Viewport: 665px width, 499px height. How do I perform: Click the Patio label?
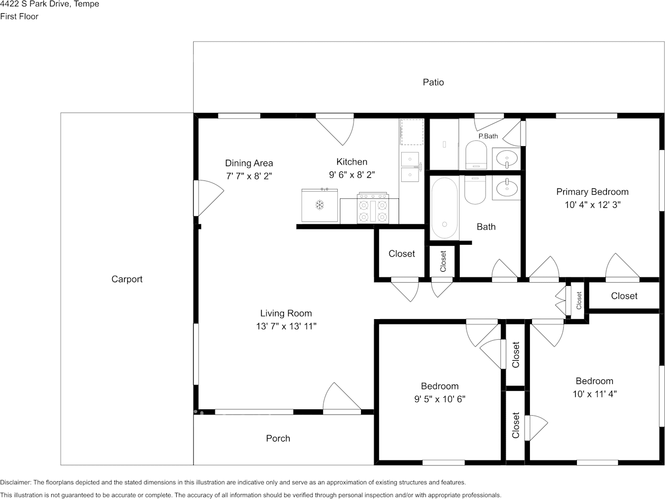point(433,82)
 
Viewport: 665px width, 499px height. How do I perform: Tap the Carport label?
point(127,279)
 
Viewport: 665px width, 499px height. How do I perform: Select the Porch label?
point(278,438)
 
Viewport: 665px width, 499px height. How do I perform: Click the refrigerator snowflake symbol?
point(320,205)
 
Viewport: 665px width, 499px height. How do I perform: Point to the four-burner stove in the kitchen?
point(373,208)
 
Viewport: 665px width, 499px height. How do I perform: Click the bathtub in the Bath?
point(444,208)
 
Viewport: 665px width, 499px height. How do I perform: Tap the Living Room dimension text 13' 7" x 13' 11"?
point(286,327)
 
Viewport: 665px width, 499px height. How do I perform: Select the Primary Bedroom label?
point(592,191)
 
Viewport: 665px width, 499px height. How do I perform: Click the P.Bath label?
point(488,136)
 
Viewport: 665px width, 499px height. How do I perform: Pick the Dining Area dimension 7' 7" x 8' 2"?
point(249,176)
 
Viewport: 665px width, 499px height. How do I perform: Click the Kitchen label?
point(351,162)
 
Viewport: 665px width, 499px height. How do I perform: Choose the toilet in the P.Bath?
point(476,155)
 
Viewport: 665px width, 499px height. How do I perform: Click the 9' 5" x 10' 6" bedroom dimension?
point(440,399)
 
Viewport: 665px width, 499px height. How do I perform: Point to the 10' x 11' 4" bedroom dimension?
point(594,394)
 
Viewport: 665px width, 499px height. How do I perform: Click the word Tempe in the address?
point(87,4)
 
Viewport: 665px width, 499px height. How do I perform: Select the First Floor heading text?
point(19,16)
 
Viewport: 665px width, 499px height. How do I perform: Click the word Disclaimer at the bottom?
point(15,482)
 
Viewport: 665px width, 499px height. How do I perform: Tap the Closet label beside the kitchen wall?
point(402,254)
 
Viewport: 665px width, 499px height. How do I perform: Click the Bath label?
point(486,227)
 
